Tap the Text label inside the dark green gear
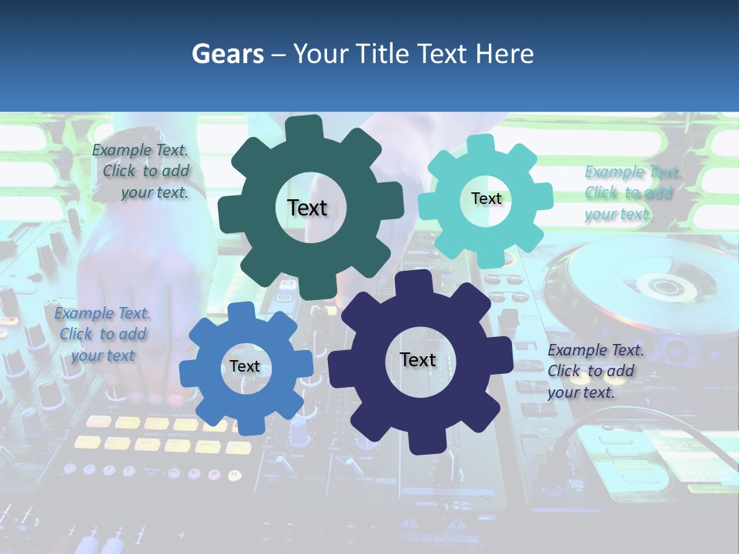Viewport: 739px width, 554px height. (307, 208)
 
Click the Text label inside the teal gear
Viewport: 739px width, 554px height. (486, 199)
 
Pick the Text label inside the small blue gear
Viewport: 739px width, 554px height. (245, 366)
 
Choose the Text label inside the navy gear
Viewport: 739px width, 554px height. (418, 360)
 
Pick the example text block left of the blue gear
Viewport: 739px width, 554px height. (102, 334)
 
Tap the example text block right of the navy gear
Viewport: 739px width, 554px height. (594, 371)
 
